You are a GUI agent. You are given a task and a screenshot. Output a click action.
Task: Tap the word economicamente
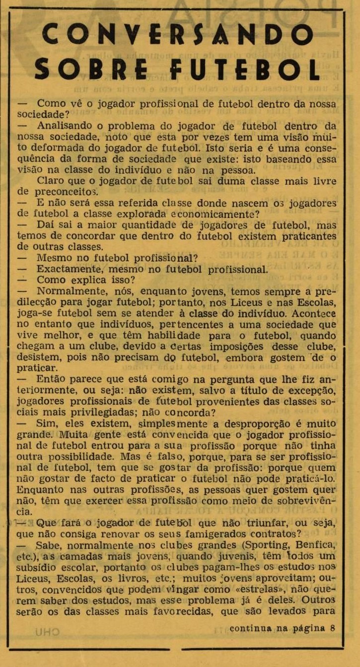212,214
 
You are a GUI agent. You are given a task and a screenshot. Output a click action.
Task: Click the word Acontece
314,314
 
